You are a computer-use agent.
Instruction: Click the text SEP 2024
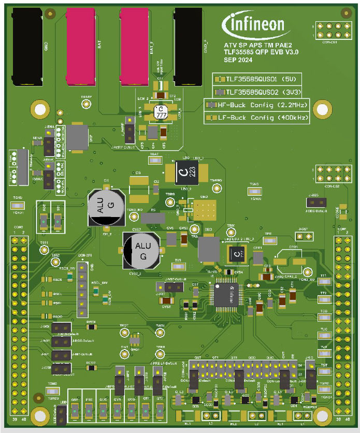(238, 61)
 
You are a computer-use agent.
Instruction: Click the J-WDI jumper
(62, 327)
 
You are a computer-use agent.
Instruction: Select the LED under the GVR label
(117, 413)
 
